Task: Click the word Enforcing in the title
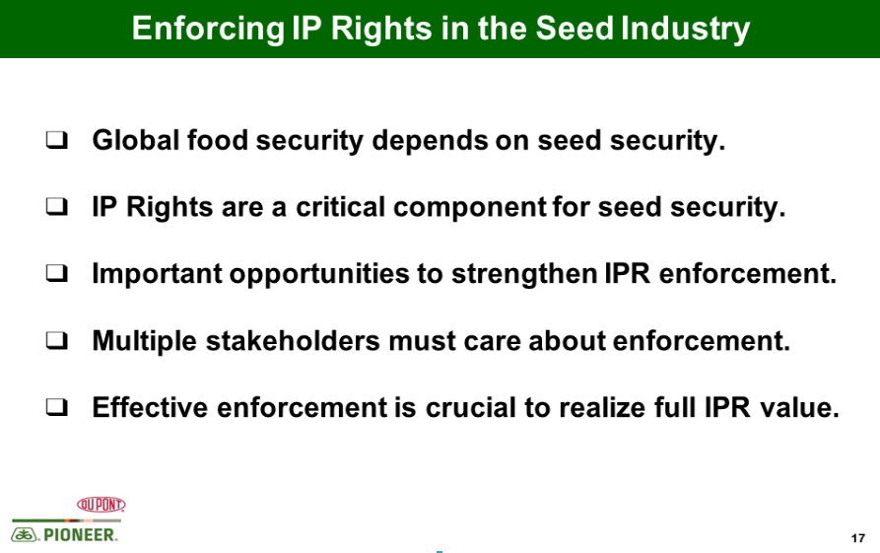pyautogui.click(x=208, y=30)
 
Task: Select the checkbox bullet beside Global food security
pyautogui.click(x=57, y=140)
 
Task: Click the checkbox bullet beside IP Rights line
pyautogui.click(x=57, y=207)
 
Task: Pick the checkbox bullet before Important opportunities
pyautogui.click(x=57, y=273)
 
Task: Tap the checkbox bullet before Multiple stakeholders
pyautogui.click(x=57, y=340)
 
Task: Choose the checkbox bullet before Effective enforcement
pyautogui.click(x=57, y=407)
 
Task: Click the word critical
pyautogui.click(x=341, y=207)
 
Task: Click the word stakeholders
pyautogui.click(x=293, y=340)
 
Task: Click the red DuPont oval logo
pyautogui.click(x=102, y=504)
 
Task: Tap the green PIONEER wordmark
pyautogui.click(x=81, y=535)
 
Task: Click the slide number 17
pyautogui.click(x=857, y=538)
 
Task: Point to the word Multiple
pyautogui.click(x=144, y=342)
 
